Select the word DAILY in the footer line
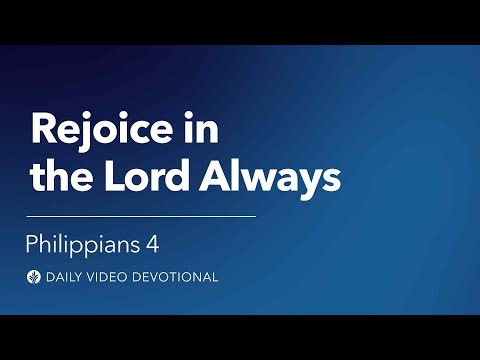[x=66, y=277]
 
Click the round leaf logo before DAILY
[x=34, y=277]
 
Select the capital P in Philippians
[x=33, y=242]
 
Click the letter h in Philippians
[x=47, y=242]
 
